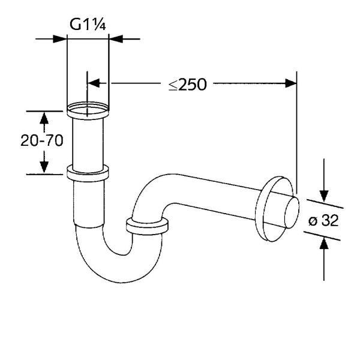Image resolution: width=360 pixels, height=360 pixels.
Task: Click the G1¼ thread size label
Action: tap(88, 25)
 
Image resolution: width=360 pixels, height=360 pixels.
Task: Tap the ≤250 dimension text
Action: tap(187, 84)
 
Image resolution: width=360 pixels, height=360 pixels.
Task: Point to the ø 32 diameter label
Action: tap(324, 221)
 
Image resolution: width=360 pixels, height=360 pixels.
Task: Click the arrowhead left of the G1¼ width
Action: tap(60, 39)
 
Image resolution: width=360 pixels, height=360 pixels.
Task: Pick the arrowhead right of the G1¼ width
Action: tap(116, 39)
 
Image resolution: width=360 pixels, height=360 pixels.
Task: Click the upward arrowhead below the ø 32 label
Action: tap(324, 245)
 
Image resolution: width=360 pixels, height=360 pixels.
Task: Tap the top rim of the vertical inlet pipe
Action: tap(88, 109)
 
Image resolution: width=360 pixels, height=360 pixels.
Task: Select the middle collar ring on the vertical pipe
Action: tap(88, 173)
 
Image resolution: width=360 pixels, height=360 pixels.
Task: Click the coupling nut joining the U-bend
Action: tap(147, 227)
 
